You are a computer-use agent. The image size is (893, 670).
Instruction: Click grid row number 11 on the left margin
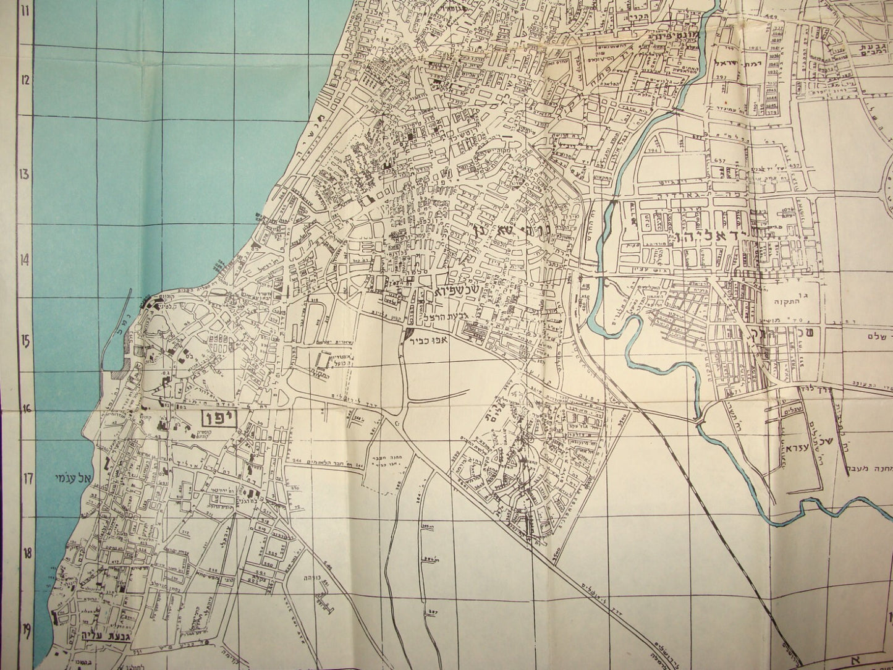26,11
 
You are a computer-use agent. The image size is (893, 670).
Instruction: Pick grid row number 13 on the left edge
26,174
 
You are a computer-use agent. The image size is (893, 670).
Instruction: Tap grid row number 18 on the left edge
26,553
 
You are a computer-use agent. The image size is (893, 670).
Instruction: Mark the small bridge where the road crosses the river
699,422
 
